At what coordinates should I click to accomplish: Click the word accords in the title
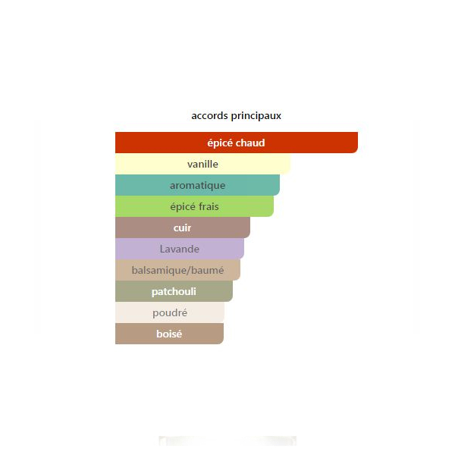pos(209,116)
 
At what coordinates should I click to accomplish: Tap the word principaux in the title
pos(256,116)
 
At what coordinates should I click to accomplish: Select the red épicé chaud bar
pos(237,143)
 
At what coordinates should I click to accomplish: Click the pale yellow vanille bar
pos(202,164)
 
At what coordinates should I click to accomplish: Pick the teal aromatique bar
pos(197,185)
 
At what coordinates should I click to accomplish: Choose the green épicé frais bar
pos(194,206)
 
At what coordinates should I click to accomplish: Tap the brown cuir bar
pos(183,227)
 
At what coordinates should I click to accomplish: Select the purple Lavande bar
pos(180,249)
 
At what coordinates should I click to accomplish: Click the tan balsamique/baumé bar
pos(177,270)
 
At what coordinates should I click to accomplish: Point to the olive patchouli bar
pos(174,291)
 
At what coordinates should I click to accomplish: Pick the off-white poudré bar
pos(170,312)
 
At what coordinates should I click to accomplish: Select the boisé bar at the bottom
pos(169,334)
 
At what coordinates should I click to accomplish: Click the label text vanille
pos(202,165)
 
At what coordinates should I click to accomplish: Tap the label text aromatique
pos(198,186)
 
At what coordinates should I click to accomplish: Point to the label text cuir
pos(182,228)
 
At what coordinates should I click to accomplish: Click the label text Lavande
pos(179,249)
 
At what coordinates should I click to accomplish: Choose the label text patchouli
pos(174,292)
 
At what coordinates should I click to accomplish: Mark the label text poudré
pos(170,312)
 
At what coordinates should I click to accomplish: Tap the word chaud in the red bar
pos(250,143)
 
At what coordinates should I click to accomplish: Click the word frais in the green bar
pos(209,206)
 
